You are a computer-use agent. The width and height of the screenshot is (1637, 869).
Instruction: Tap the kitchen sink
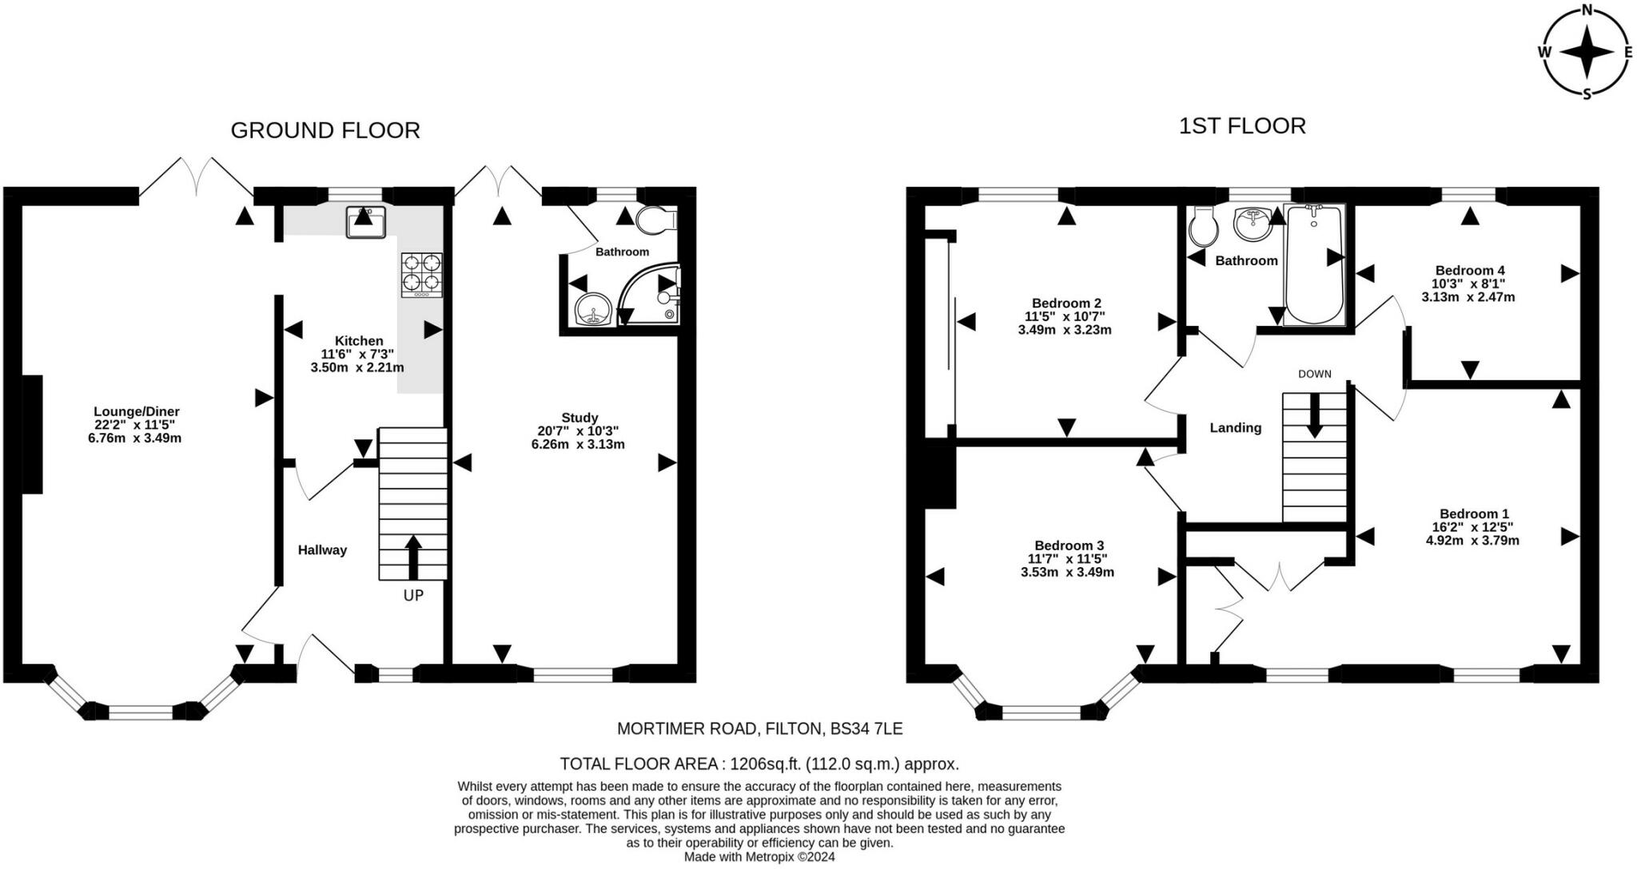[x=366, y=222]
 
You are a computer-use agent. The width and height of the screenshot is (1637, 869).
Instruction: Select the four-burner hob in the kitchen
[x=422, y=276]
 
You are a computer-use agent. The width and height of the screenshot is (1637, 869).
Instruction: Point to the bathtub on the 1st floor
[x=1314, y=265]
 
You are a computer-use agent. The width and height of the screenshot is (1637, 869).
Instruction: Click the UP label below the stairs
[x=413, y=595]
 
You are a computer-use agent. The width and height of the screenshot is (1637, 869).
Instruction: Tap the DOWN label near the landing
[x=1315, y=374]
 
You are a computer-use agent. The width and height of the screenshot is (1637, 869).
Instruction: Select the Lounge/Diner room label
[x=137, y=411]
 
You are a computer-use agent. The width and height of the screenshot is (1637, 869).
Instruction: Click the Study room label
[x=580, y=417]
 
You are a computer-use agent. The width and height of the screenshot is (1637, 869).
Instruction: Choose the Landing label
[x=1236, y=427]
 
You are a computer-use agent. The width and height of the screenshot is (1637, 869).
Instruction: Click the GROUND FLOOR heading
[x=325, y=130]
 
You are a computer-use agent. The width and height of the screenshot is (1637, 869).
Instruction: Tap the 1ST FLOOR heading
[x=1242, y=126]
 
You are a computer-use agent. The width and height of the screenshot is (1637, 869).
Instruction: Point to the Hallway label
[x=322, y=550]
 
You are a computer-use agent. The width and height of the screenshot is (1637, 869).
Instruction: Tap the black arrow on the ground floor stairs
[x=413, y=557]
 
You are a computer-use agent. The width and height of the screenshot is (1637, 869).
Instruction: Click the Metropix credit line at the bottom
[x=759, y=857]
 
